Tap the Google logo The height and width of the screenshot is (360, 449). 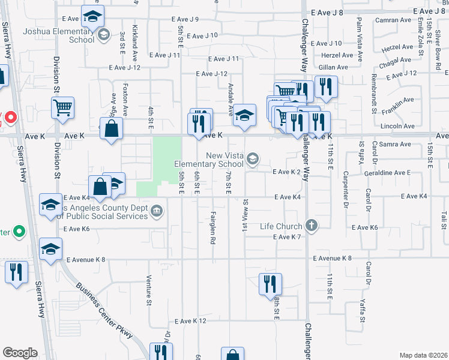pyautogui.click(x=20, y=352)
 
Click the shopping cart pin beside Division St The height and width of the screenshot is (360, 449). pyautogui.click(x=62, y=109)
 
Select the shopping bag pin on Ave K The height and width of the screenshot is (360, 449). pyautogui.click(x=112, y=128)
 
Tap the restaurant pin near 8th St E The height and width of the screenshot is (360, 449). pyautogui.click(x=270, y=283)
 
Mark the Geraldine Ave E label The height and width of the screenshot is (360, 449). pyautogui.click(x=388, y=172)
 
